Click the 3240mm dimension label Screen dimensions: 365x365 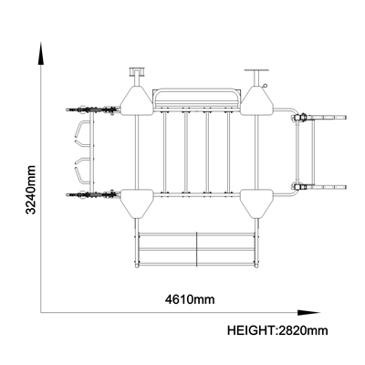pyautogui.click(x=30, y=190)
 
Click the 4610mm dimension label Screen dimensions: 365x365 pyautogui.click(x=190, y=299)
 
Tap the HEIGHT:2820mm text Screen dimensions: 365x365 pyautogui.click(x=277, y=330)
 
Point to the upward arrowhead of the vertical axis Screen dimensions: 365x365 pyautogui.click(x=41, y=54)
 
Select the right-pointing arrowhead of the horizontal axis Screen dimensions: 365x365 pyautogui.click(x=308, y=312)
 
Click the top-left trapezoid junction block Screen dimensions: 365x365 pyautogui.click(x=137, y=100)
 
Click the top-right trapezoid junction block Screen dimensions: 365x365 pyautogui.click(x=257, y=100)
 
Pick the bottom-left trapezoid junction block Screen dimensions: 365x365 pyautogui.click(x=137, y=203)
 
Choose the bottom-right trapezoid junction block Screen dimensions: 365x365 pyautogui.click(x=256, y=203)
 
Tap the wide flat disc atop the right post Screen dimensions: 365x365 pyautogui.click(x=256, y=70)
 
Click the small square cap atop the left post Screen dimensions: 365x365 pyautogui.click(x=138, y=71)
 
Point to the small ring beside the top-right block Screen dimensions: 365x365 pyautogui.click(x=266, y=86)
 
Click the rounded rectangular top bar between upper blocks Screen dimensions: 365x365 pyautogui.click(x=197, y=97)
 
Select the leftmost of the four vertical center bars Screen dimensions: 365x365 pyautogui.click(x=164, y=152)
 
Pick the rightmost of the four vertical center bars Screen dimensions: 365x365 pyautogui.click(x=228, y=152)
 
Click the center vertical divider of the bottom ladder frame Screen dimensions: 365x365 pyautogui.click(x=197, y=249)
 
